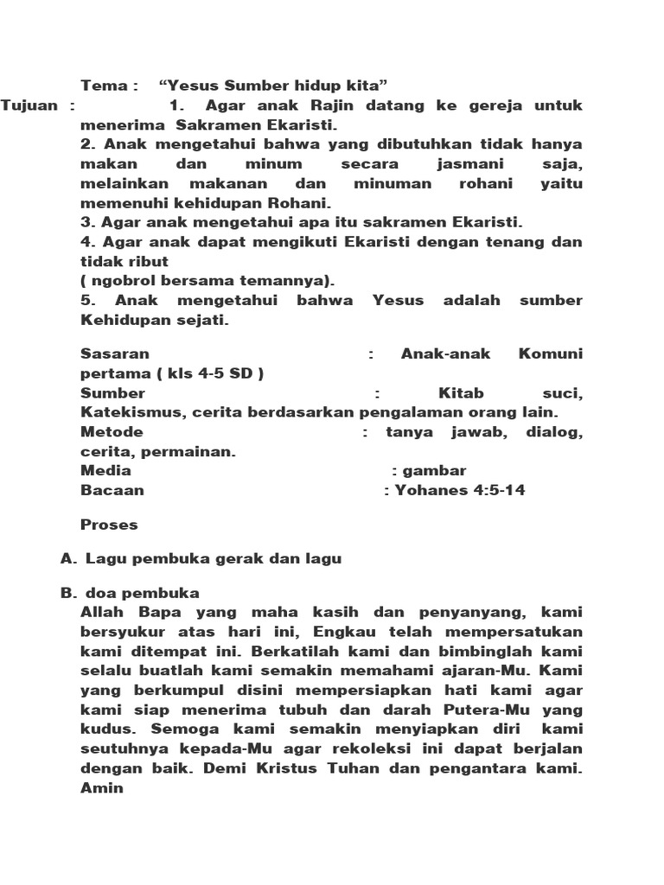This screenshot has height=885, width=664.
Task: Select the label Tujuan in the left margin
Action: click(30, 105)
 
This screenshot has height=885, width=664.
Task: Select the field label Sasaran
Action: click(114, 353)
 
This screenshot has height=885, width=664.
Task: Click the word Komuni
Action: click(551, 353)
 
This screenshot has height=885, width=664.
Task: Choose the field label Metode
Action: click(112, 432)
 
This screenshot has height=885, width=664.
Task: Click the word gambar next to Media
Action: click(435, 470)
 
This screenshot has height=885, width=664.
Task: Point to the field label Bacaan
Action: click(112, 490)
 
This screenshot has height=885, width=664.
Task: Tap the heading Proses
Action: click(109, 524)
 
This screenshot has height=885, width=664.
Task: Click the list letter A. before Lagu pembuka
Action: click(69, 558)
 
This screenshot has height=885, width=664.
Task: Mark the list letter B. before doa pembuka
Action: click(69, 593)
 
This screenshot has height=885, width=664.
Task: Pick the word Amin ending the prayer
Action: click(102, 788)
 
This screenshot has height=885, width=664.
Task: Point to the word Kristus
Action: click(262, 767)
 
